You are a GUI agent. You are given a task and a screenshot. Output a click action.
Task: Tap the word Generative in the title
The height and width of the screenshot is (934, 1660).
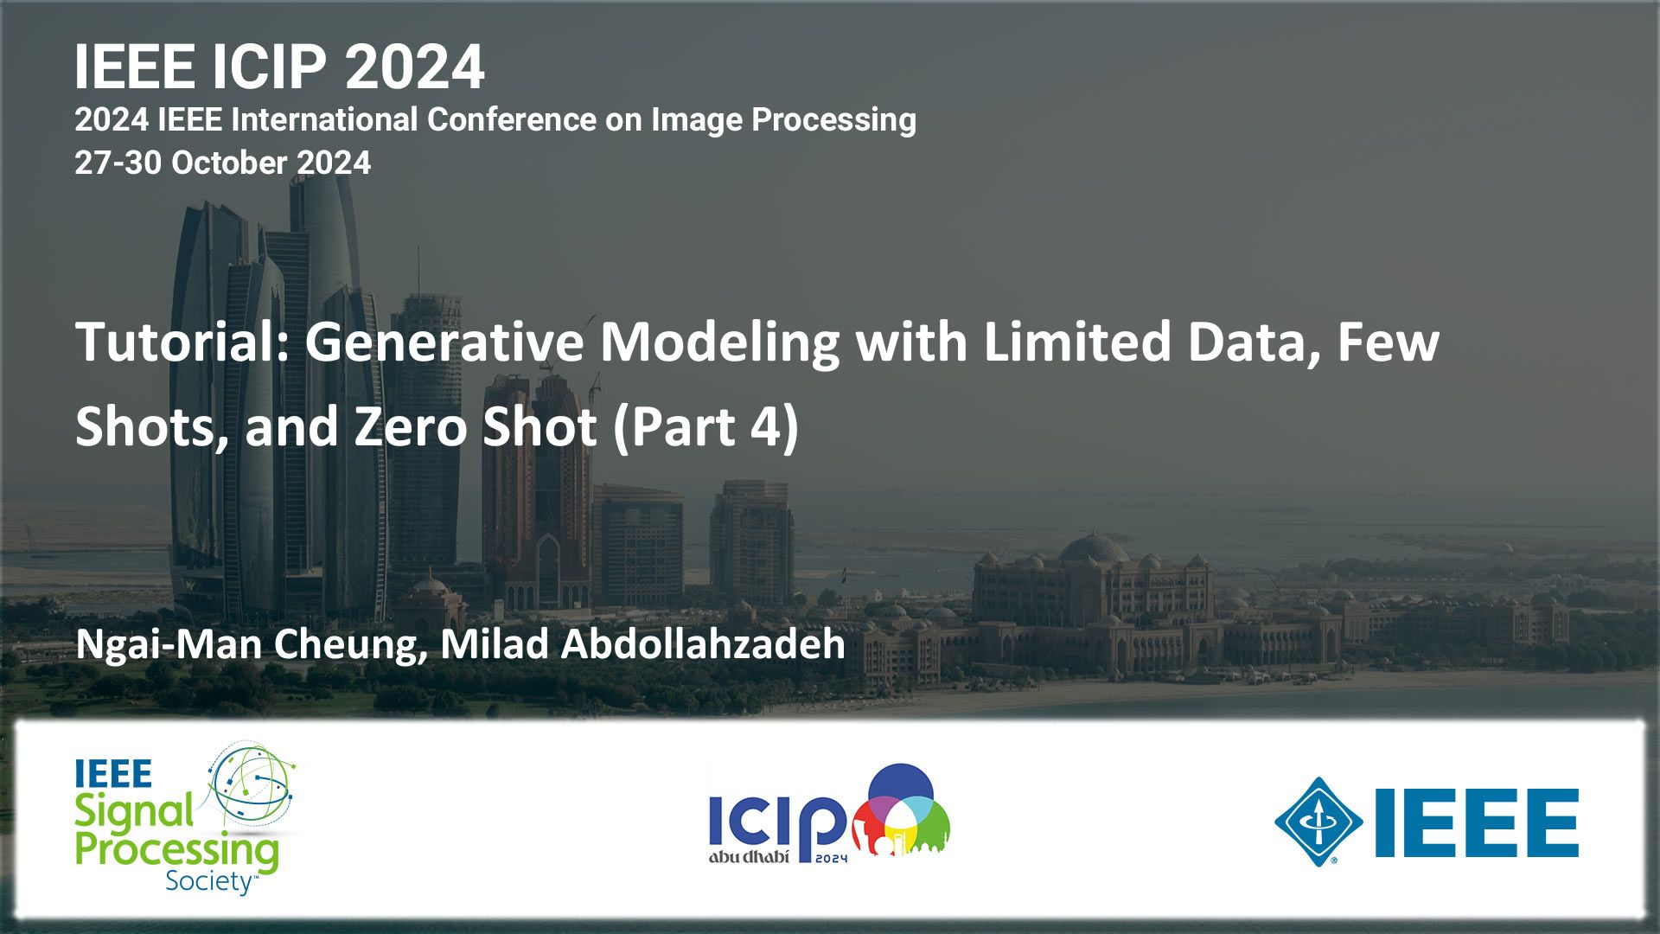click(x=444, y=342)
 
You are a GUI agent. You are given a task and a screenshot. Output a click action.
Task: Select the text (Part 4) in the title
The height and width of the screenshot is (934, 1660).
click(x=705, y=426)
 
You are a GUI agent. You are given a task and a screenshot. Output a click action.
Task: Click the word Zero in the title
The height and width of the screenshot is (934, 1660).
click(x=413, y=426)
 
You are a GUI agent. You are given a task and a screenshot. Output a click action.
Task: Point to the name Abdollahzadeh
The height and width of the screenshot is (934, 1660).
click(x=703, y=643)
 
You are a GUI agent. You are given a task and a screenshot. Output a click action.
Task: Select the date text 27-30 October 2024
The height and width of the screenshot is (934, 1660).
click(x=222, y=163)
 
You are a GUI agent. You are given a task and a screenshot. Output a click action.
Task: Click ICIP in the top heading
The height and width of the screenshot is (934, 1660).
click(x=269, y=67)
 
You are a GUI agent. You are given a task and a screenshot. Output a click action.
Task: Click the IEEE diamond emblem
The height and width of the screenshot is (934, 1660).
click(x=1318, y=822)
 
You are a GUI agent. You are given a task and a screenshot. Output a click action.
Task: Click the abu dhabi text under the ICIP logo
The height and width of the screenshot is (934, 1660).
click(x=749, y=857)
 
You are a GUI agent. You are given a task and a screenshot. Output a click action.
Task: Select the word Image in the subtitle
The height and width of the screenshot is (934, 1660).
click(x=697, y=119)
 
